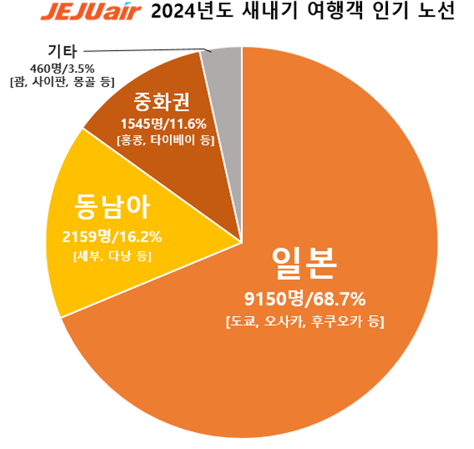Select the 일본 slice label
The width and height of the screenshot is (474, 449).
tap(305, 262)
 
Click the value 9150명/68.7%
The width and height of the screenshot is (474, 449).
tap(305, 299)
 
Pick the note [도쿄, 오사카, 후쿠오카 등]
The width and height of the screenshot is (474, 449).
tap(305, 322)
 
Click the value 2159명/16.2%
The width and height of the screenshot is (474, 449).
tap(112, 236)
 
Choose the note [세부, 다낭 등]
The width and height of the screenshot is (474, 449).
tap(112, 256)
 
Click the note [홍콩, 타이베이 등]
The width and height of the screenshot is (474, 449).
tap(165, 140)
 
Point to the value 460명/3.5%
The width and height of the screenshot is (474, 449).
tap(62, 68)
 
